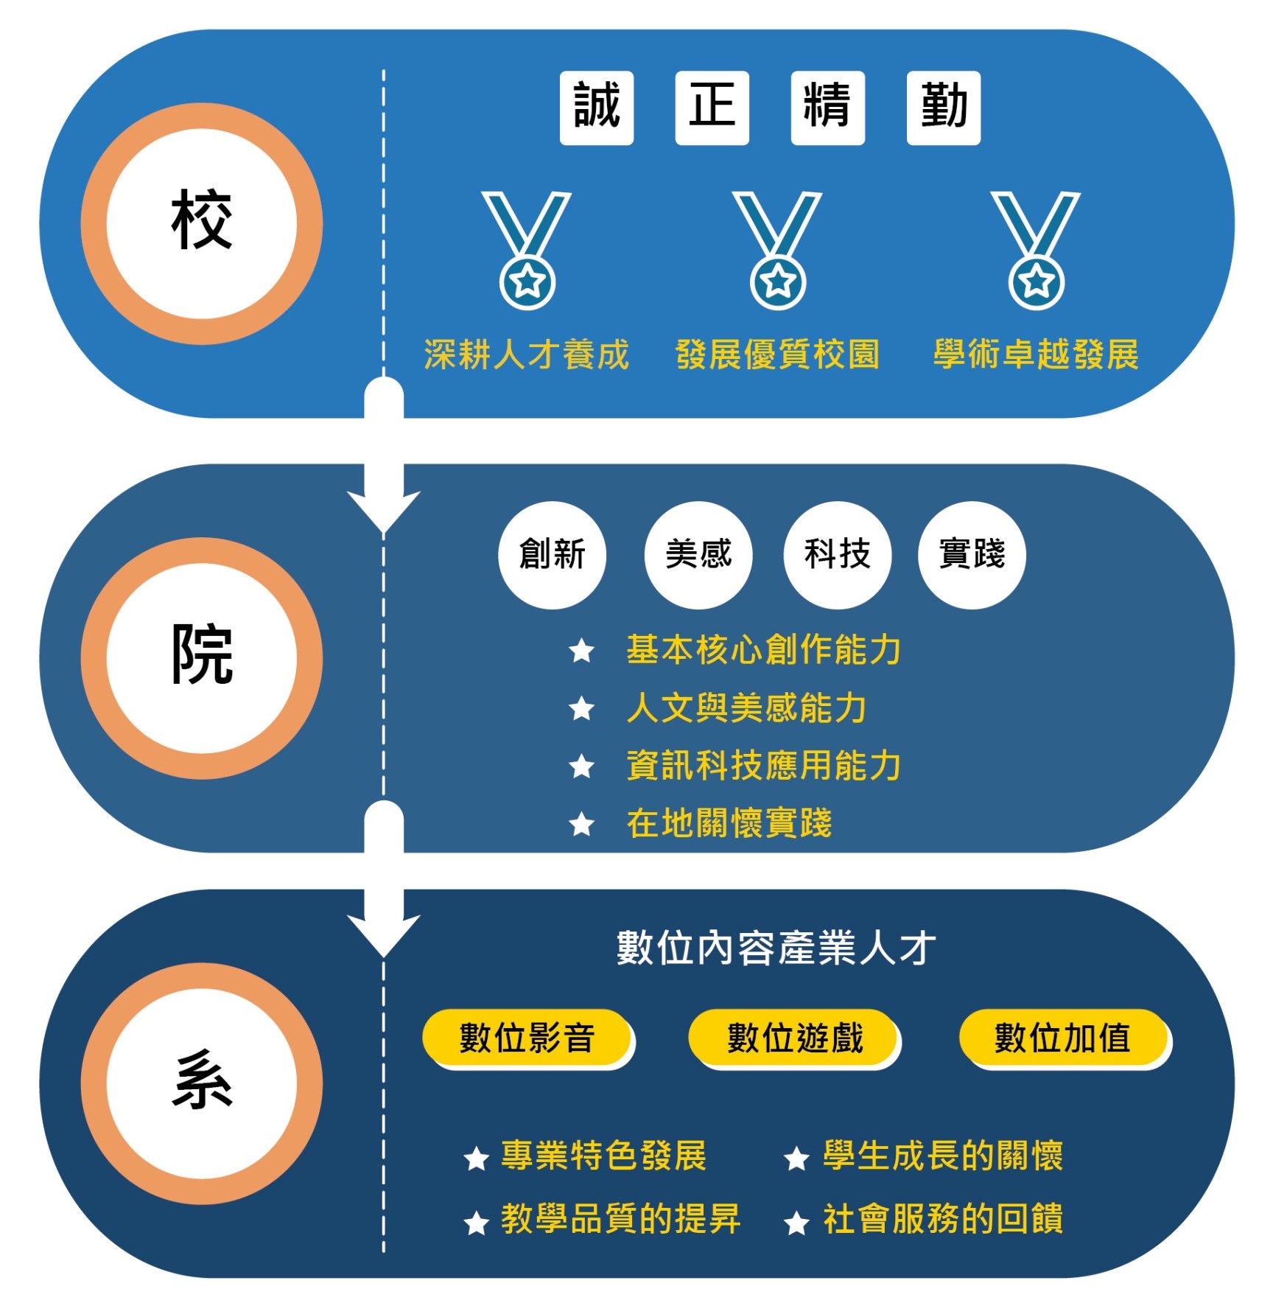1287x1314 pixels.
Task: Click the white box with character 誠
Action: coord(596,108)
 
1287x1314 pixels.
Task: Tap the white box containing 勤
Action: coord(943,108)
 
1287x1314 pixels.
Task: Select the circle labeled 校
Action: coord(202,223)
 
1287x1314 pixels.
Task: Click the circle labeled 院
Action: coord(202,657)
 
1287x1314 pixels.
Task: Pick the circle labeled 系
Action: coord(202,1083)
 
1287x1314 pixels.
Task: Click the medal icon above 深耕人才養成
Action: coord(527,250)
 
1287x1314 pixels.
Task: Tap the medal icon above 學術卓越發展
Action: coord(1036,250)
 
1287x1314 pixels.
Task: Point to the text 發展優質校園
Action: coord(777,354)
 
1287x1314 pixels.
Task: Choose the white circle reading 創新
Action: coord(552,555)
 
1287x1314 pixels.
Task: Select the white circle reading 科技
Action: coord(838,555)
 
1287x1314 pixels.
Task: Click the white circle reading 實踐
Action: coord(972,555)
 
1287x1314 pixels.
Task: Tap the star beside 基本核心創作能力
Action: coord(582,651)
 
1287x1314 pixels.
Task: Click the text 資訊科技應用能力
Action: coord(763,766)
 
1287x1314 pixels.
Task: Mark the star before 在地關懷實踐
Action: coord(582,824)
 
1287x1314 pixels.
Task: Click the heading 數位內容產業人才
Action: coord(776,948)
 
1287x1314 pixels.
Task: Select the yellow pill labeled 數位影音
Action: coord(527,1038)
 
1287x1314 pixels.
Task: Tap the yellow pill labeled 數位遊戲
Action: coord(794,1038)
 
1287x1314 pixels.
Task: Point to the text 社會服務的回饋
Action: coord(943,1220)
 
